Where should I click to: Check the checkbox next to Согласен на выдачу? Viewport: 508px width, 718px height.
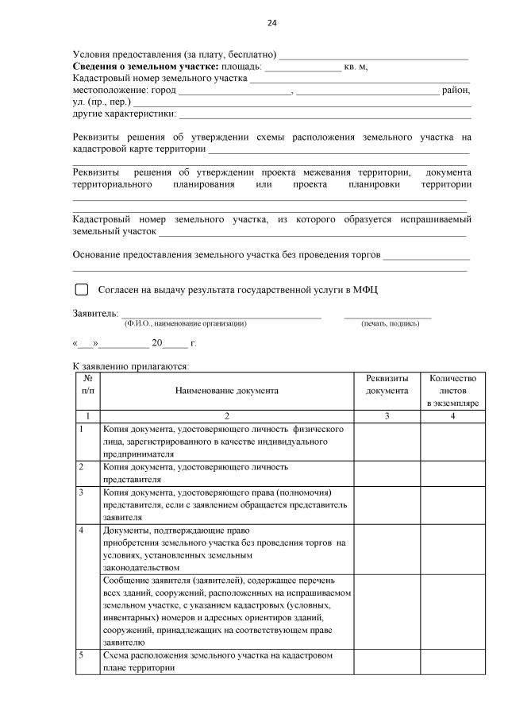[x=81, y=290]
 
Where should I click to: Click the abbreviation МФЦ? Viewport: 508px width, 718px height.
[x=364, y=290]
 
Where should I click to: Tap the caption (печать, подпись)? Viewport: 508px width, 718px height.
[x=389, y=324]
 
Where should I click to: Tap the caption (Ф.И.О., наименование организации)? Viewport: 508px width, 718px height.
[x=186, y=324]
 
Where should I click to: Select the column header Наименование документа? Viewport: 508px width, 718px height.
[x=227, y=391]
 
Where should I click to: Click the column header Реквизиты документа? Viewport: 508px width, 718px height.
[x=387, y=385]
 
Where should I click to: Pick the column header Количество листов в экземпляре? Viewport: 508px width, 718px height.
[x=452, y=391]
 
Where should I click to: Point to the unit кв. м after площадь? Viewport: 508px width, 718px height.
[x=356, y=67]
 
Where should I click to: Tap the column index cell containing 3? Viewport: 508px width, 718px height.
[x=387, y=416]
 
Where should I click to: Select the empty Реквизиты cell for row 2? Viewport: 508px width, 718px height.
[x=387, y=473]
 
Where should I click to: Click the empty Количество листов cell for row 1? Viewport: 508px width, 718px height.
[x=452, y=441]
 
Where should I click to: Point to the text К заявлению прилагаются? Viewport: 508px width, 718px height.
[x=131, y=366]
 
